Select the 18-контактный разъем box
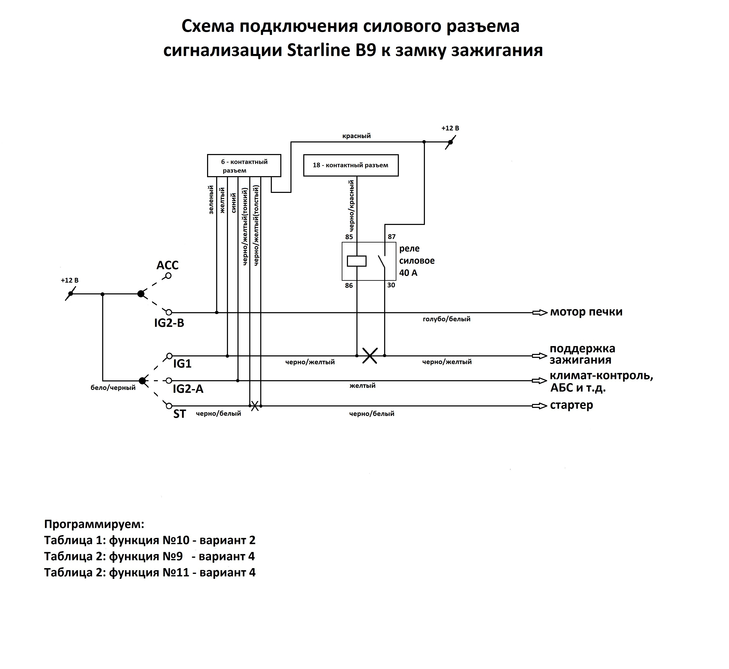351,165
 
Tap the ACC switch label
167,265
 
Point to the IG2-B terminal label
169,323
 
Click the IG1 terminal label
182,363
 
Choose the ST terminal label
180,414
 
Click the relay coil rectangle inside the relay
357,261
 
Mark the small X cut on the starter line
255,406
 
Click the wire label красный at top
357,136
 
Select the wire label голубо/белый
447,319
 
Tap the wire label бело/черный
113,388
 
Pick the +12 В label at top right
450,128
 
